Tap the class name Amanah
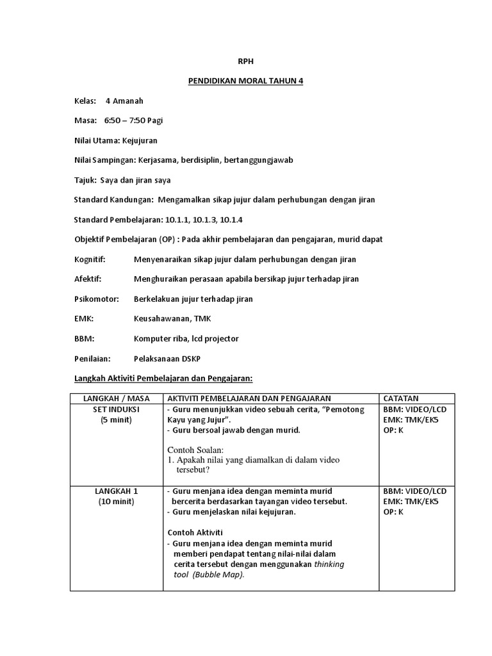click(129, 101)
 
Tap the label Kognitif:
click(90, 259)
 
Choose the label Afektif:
click(88, 279)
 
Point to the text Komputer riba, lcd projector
click(186, 338)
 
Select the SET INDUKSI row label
click(116, 409)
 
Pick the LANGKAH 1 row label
click(116, 491)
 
